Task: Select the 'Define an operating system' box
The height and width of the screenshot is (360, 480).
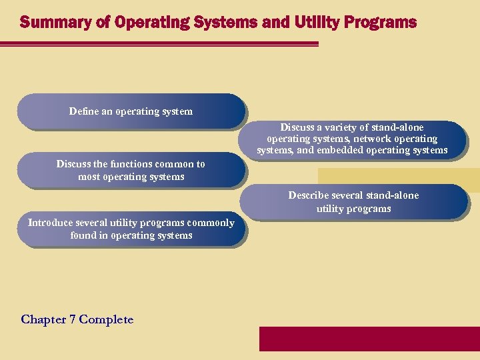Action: point(131,111)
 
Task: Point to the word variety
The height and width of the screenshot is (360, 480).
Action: point(340,127)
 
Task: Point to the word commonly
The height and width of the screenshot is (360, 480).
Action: point(211,223)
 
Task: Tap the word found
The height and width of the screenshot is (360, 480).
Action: point(83,235)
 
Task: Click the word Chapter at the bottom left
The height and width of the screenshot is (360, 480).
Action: point(44,319)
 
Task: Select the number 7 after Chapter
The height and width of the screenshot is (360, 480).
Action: point(73,319)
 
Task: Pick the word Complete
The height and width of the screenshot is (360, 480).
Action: point(106,319)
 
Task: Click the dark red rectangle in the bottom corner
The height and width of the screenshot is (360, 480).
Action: point(369,339)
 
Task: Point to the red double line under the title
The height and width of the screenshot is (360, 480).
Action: point(160,44)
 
